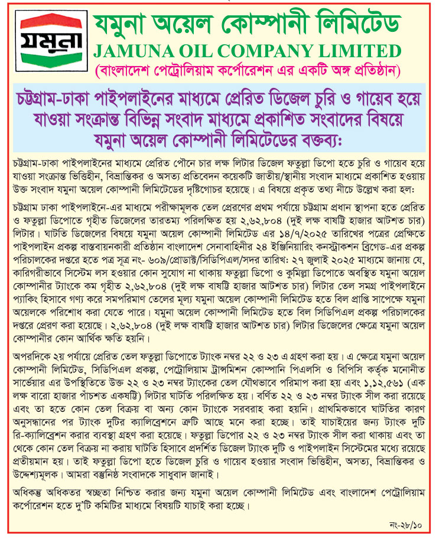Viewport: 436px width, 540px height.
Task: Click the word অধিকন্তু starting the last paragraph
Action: point(26,492)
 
